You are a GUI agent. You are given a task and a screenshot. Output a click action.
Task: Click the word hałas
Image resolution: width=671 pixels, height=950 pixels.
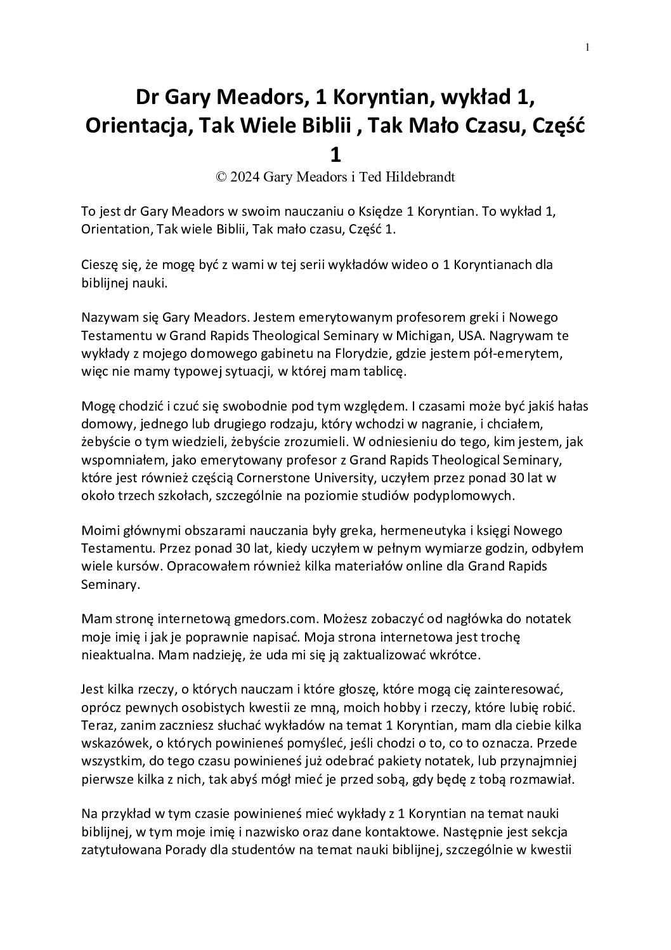pyautogui.click(x=577, y=404)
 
